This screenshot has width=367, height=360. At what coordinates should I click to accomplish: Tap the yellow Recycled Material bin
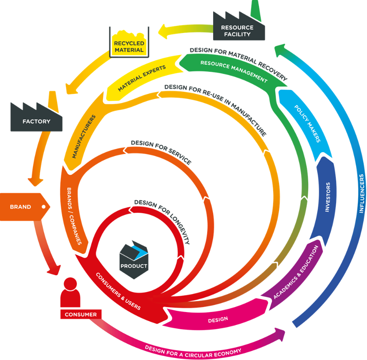tap(129, 44)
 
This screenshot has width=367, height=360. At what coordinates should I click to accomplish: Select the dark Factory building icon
tap(36, 119)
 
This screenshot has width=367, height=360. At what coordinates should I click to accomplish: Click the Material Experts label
tap(142, 78)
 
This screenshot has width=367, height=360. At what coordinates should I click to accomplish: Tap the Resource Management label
tap(233, 71)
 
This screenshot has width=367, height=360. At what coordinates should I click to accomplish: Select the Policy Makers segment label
tap(307, 123)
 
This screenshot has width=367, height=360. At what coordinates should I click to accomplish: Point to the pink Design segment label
tap(218, 320)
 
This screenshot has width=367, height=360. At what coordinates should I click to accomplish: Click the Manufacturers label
tap(84, 137)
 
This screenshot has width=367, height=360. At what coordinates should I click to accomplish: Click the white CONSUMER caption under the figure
tap(80, 315)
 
